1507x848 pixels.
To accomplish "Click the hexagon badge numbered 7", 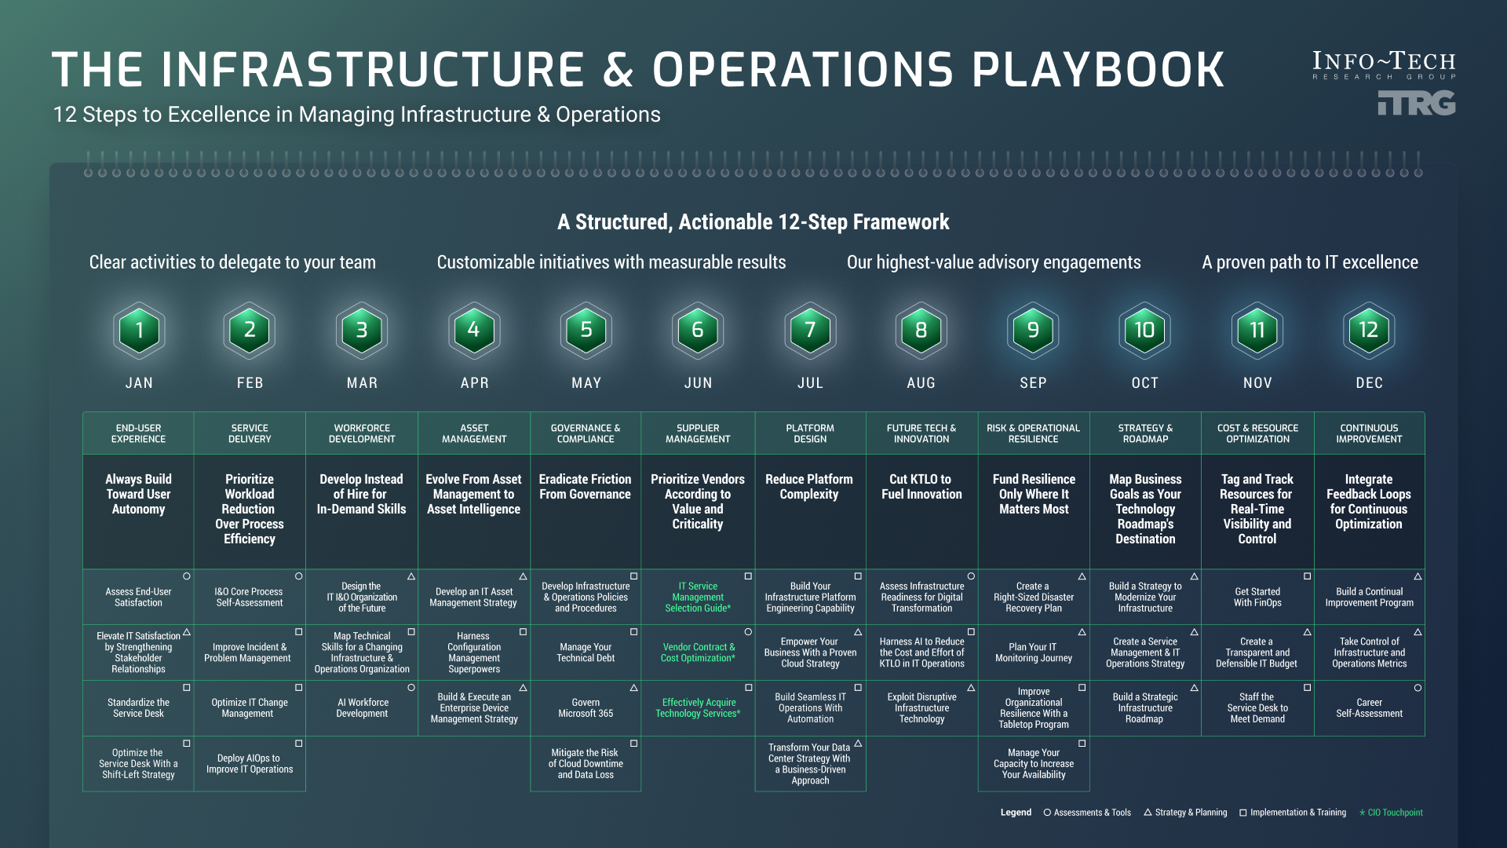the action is [810, 331].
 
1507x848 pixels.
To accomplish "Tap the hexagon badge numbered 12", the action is [1369, 331].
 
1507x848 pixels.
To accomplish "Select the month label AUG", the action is [921, 383].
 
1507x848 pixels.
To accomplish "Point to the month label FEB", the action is [250, 383].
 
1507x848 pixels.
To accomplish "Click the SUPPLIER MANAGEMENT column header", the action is [698, 433].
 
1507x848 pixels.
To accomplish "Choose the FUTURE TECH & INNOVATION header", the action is [921, 433].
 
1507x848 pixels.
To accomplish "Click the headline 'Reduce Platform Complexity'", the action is [809, 487].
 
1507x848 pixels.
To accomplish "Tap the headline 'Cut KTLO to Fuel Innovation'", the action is [921, 487].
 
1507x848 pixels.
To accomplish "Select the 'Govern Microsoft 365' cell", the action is [586, 708].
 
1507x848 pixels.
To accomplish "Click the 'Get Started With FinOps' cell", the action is [1257, 598].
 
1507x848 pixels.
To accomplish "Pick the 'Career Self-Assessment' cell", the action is [1369, 708].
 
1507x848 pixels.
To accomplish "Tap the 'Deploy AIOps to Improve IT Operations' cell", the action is [250, 764].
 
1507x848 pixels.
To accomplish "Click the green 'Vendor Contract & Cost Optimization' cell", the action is [698, 652].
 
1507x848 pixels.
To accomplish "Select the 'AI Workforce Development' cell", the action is [362, 708].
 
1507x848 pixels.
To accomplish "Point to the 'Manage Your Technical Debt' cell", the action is [586, 652].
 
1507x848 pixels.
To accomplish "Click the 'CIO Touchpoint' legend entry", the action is [1391, 813].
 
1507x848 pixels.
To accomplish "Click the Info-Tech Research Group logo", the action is [1384, 82].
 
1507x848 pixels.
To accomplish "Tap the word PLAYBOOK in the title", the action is [1098, 69].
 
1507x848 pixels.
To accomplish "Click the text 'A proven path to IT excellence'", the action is [1310, 262].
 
